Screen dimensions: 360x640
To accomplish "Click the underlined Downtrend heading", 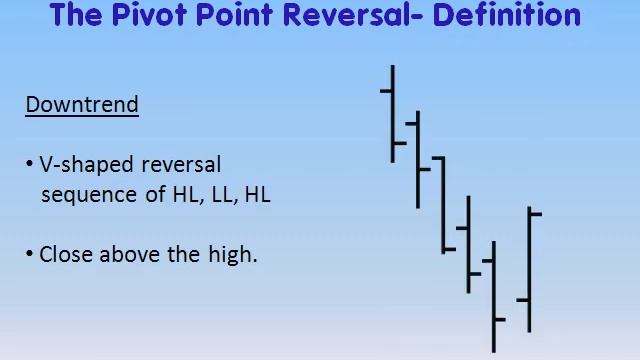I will (x=82, y=104).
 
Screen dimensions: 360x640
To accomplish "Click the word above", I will (x=130, y=254).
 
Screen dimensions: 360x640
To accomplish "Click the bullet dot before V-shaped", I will (x=30, y=165).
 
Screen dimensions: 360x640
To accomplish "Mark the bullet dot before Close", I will (x=30, y=255).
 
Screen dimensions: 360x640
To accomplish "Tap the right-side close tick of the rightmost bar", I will (x=536, y=213).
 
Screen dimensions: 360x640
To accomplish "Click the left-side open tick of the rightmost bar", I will (x=522, y=299).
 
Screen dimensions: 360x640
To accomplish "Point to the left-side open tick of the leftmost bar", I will (x=386, y=91).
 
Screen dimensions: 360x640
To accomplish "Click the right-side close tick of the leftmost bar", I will (x=400, y=144).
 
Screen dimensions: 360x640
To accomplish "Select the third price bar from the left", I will (x=443, y=205).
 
